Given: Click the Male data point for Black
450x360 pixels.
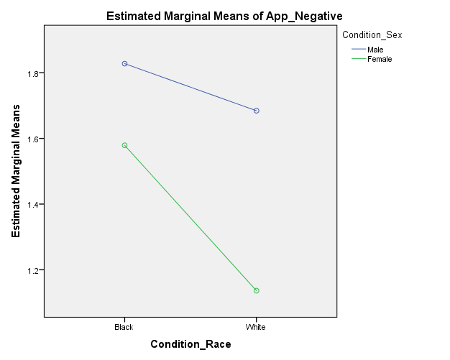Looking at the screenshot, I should (124, 64).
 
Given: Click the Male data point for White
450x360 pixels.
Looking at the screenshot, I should (256, 111).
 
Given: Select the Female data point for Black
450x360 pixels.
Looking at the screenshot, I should (124, 145).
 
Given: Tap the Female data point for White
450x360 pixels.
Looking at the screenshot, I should (256, 290).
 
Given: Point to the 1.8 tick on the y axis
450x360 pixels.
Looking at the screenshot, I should (32, 73).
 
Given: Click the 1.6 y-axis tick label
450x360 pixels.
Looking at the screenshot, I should (32, 139).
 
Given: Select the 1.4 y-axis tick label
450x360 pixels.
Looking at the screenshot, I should (32, 205).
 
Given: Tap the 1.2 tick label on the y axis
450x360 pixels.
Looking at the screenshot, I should (32, 270).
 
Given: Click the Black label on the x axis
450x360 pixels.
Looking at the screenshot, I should (124, 327).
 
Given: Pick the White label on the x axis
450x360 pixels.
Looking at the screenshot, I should (256, 327).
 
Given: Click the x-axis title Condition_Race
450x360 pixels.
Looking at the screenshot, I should (190, 344).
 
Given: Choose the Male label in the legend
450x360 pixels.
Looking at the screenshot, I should (375, 50).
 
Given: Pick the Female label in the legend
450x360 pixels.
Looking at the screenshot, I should (380, 59).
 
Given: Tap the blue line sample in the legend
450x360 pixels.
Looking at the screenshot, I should (357, 50).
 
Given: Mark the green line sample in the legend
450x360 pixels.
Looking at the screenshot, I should (357, 59).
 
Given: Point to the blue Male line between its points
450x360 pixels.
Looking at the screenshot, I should (190, 87).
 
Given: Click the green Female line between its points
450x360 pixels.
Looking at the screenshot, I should (190, 218).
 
